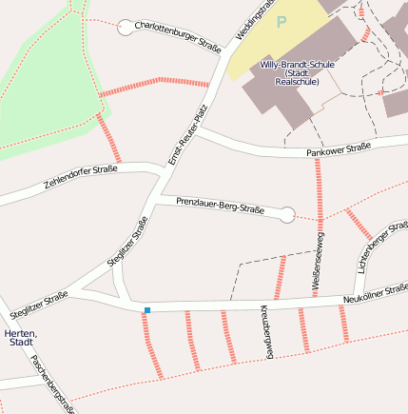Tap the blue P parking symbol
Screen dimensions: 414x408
click(281, 20)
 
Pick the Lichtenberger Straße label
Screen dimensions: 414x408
click(375, 249)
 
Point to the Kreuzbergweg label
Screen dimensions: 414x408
click(266, 330)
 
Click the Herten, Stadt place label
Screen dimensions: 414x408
click(20, 337)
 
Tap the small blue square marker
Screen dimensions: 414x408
click(146, 310)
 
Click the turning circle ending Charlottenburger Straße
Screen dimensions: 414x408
click(125, 28)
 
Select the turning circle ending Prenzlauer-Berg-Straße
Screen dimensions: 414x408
click(287, 215)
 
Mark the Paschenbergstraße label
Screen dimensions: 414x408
click(52, 384)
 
